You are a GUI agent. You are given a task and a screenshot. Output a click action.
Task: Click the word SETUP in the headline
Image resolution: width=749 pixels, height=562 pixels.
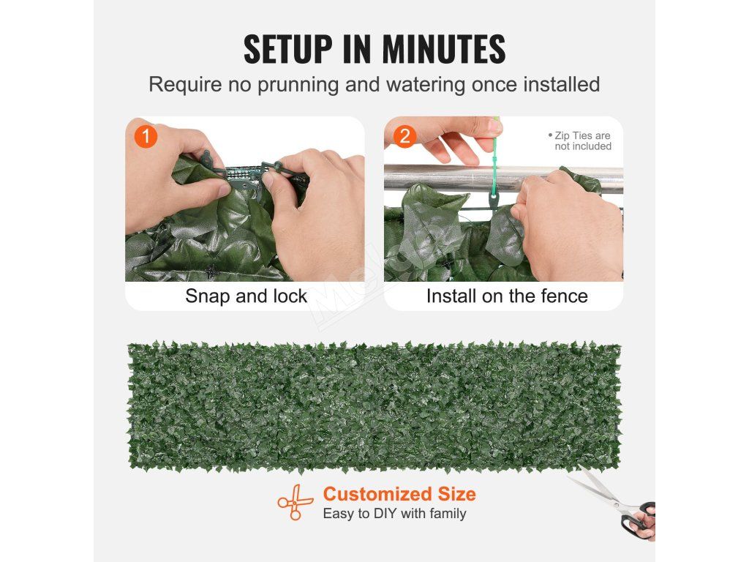(x=288, y=49)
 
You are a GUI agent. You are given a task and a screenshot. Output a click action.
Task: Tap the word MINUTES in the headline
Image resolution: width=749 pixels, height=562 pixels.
(x=444, y=49)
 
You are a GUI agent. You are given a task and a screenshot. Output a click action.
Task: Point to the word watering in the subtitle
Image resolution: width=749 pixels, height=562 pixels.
(x=426, y=85)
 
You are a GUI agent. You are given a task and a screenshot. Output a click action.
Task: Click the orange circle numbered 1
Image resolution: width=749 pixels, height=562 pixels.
(x=146, y=136)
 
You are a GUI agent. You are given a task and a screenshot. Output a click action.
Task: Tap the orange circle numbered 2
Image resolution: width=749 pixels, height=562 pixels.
(x=404, y=136)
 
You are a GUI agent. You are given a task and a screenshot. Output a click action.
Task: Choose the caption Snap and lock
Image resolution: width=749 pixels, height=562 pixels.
(x=246, y=296)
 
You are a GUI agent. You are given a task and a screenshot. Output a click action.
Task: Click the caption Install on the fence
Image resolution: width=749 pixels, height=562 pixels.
(x=507, y=296)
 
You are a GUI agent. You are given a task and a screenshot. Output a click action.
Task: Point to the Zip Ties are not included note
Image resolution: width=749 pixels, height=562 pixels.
(x=580, y=141)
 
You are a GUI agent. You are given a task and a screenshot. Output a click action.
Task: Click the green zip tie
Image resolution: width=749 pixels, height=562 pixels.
(x=494, y=162)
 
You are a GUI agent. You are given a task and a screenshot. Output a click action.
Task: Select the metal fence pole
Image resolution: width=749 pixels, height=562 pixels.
(x=503, y=179)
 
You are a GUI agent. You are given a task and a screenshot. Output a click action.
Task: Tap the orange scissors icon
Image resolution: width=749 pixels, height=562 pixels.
(x=296, y=502)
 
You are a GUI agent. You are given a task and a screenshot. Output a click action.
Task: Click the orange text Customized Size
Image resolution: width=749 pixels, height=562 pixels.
(x=399, y=494)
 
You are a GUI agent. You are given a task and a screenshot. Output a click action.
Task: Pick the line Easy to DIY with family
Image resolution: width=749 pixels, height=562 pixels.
(x=394, y=514)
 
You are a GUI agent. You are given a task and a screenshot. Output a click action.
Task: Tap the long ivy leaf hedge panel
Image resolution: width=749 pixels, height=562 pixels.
(x=374, y=406)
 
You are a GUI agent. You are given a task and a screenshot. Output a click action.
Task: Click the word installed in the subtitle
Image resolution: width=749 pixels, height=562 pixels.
(x=562, y=85)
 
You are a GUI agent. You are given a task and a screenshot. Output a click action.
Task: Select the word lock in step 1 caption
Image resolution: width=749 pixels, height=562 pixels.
(x=290, y=296)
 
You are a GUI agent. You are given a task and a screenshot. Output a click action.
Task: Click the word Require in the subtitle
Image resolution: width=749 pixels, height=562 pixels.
(x=185, y=85)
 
